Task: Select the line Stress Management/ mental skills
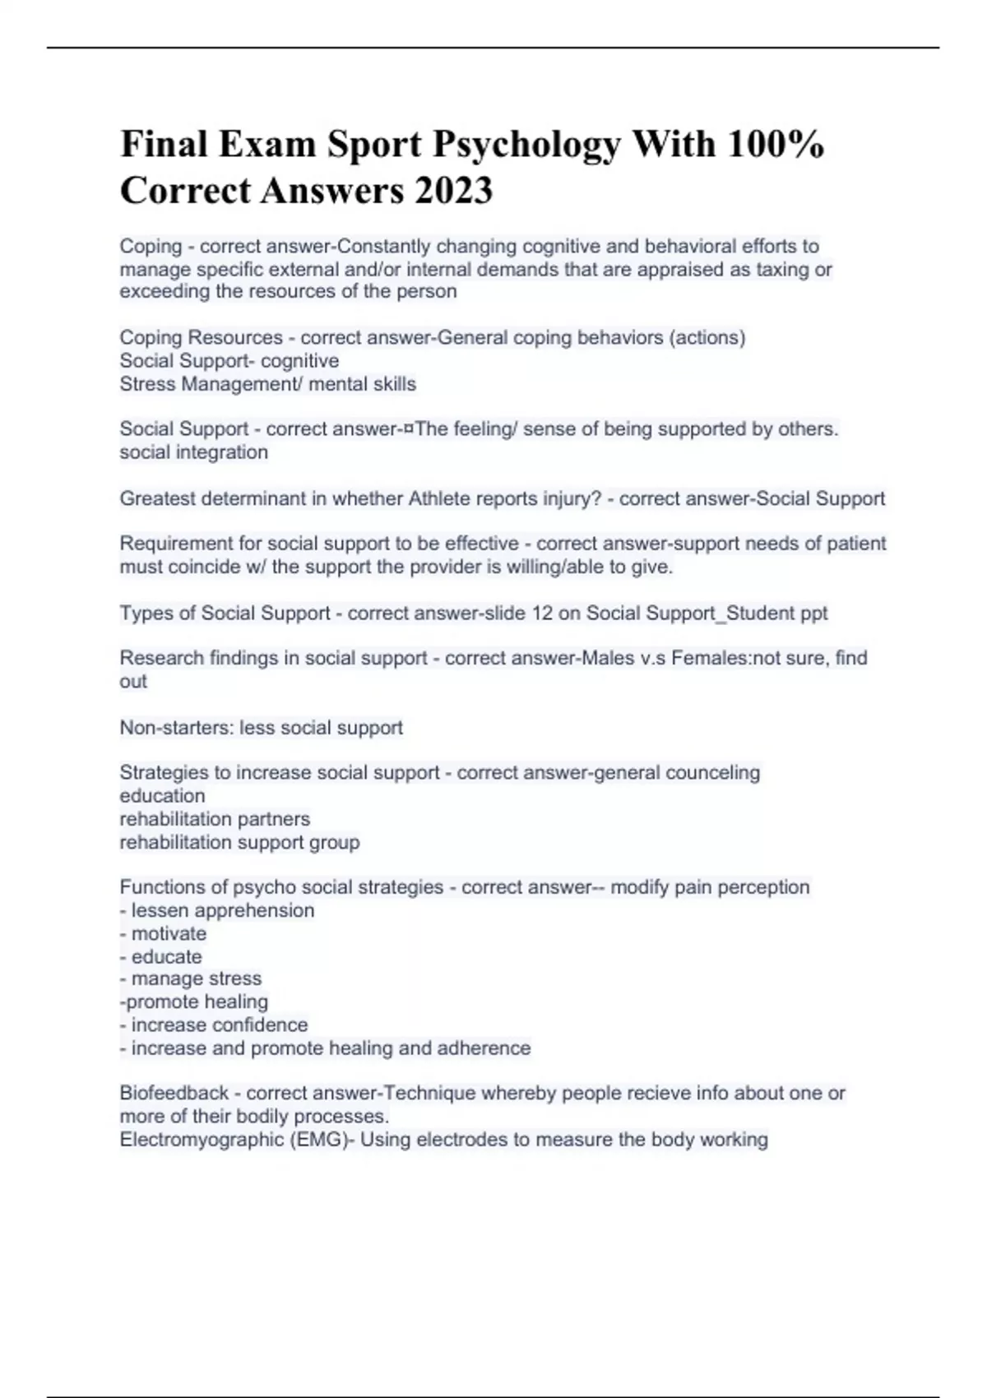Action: pos(267,384)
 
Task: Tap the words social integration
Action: pos(193,452)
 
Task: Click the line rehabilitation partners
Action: pos(215,819)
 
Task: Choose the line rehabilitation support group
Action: pos(239,842)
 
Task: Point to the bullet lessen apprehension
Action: pos(222,910)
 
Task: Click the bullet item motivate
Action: pos(169,933)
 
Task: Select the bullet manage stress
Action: pos(196,979)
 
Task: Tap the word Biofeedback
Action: pos(174,1093)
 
